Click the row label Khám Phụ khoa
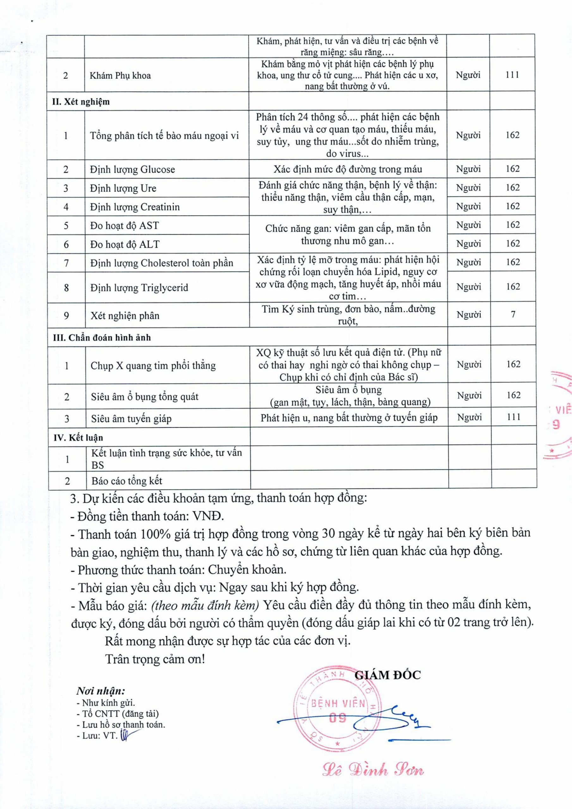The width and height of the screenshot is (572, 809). coord(120,76)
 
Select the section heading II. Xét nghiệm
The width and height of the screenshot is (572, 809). coord(81,102)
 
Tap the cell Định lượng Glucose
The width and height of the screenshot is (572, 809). coord(132,169)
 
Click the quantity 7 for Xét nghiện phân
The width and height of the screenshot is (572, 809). coord(513,314)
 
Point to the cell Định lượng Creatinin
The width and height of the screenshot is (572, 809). coord(135,207)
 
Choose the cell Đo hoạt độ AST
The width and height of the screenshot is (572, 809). coord(125,226)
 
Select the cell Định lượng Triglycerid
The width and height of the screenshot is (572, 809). coord(139,288)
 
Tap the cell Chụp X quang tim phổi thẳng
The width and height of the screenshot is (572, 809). coord(153,366)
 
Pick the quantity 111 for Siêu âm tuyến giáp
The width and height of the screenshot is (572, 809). coord(514,417)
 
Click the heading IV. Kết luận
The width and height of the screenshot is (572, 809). coord(78,438)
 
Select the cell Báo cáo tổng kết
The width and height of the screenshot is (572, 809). coord(126,481)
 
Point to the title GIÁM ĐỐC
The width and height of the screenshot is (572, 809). coord(387,675)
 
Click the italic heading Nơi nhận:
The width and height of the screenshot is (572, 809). coord(101,690)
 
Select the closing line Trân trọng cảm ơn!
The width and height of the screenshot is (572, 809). coord(155,659)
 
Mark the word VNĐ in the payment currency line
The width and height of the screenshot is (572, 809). coord(208,516)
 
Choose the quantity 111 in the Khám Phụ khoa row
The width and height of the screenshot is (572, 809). coord(512,75)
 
